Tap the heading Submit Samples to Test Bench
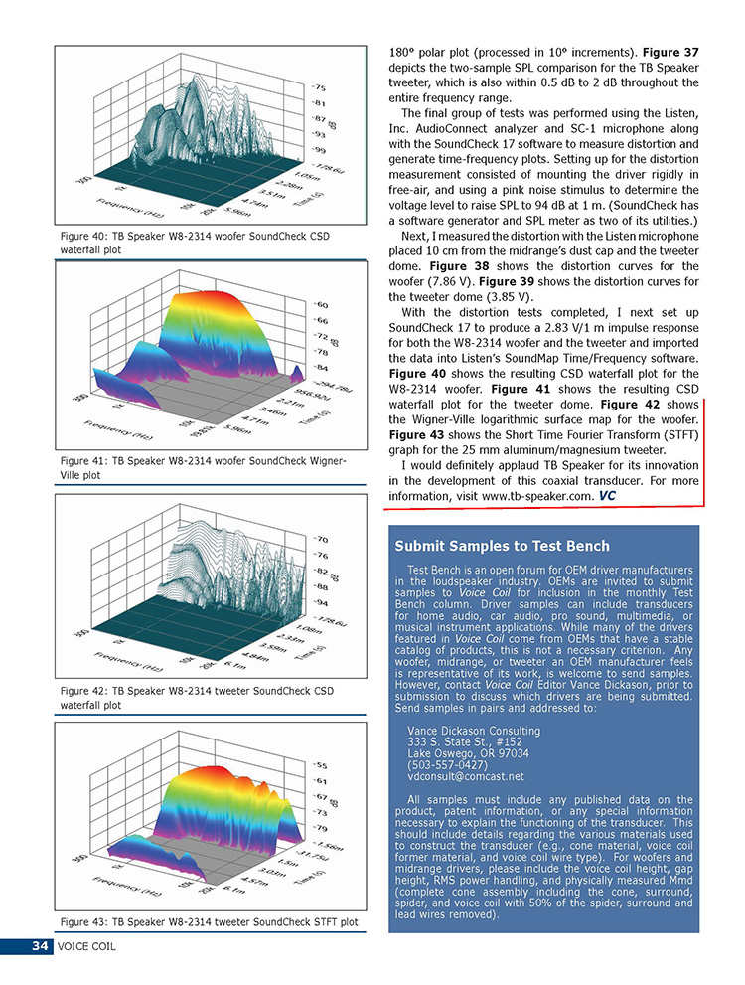point(502,546)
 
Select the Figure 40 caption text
point(194,243)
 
